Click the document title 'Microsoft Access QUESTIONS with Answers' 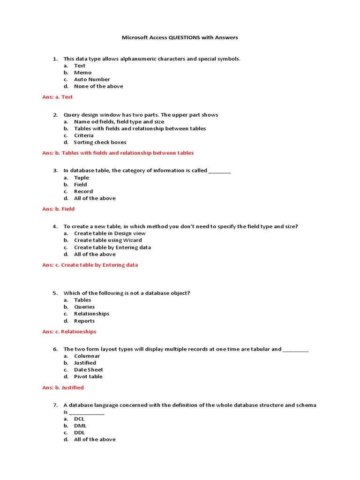180,37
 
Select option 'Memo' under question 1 82,73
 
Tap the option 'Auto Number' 92,80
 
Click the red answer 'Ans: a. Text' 57,97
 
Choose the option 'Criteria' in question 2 83,135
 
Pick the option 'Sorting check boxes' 100,142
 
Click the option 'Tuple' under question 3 81,178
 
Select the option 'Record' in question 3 83,191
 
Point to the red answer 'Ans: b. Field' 58,209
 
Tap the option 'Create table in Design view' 110,233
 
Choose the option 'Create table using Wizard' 108,240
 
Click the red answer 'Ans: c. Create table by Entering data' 90,265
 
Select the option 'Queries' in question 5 84,307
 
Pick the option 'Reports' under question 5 84,321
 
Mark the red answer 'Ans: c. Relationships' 69,331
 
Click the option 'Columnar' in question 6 87,356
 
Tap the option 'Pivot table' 88,376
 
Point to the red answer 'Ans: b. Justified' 63,388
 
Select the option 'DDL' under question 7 79,433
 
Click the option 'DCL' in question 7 79,419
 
